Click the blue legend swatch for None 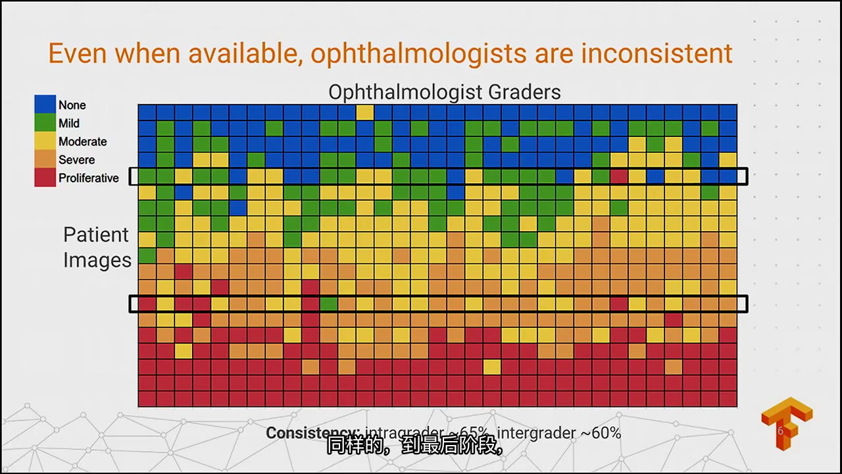pyautogui.click(x=45, y=105)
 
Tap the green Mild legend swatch pyautogui.click(x=45, y=123)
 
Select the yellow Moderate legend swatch pyautogui.click(x=45, y=142)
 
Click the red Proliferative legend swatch pyautogui.click(x=45, y=178)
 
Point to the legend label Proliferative pyautogui.click(x=88, y=178)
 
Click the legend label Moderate pyautogui.click(x=82, y=142)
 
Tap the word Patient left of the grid pyautogui.click(x=96, y=234)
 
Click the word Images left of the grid pyautogui.click(x=97, y=260)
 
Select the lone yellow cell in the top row pyautogui.click(x=364, y=113)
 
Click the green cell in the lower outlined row pyautogui.click(x=328, y=303)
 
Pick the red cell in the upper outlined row pyautogui.click(x=618, y=176)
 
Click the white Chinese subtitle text pyautogui.click(x=415, y=448)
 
